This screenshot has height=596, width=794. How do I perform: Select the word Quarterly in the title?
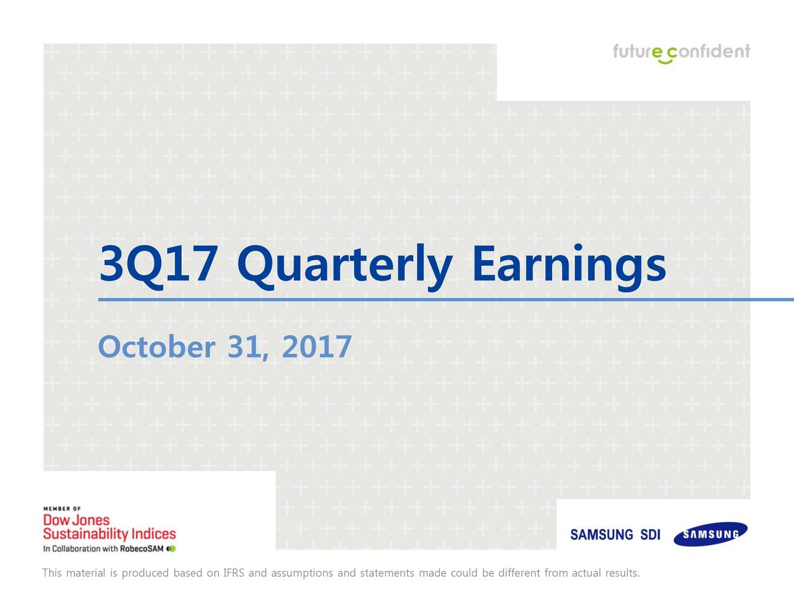click(344, 267)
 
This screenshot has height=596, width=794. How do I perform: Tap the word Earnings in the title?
click(569, 267)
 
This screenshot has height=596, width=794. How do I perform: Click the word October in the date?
click(157, 346)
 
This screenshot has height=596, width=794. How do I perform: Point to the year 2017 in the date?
click(316, 346)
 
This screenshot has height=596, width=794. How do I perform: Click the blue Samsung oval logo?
click(710, 534)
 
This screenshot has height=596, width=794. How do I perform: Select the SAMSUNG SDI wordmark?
click(615, 535)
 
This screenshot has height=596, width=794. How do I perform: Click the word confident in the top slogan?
click(708, 51)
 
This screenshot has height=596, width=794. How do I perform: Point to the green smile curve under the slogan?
click(665, 61)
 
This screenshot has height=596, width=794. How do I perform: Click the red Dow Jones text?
click(76, 520)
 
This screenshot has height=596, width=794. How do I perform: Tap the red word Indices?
click(153, 534)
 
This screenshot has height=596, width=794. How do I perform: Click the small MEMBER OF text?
click(62, 508)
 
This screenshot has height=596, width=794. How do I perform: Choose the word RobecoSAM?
click(141, 549)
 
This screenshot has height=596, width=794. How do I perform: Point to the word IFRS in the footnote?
click(234, 573)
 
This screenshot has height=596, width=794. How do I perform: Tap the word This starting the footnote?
click(51, 573)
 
